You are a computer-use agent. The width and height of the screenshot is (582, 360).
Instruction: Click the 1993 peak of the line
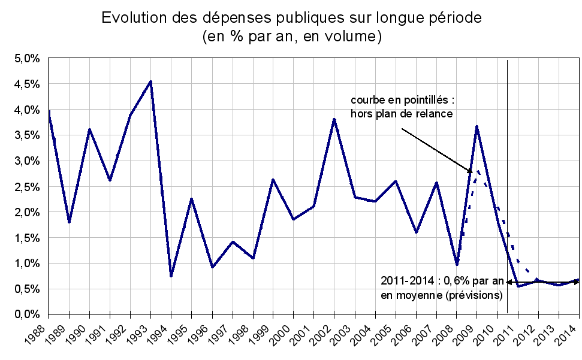pyautogui.click(x=150, y=81)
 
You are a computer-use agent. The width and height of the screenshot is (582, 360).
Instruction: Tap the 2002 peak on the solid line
pyautogui.click(x=334, y=119)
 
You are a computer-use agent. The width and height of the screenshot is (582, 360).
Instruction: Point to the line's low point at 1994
pyautogui.click(x=171, y=276)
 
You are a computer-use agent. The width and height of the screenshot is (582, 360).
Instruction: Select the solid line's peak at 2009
pyautogui.click(x=477, y=126)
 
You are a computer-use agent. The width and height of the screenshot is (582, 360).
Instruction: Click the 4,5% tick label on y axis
pyautogui.click(x=26, y=84)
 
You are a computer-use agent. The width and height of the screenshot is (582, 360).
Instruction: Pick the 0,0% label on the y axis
pyautogui.click(x=26, y=314)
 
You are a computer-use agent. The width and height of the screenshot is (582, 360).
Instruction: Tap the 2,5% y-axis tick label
pyautogui.click(x=26, y=187)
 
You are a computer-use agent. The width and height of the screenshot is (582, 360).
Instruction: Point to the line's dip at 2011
pyautogui.click(x=517, y=286)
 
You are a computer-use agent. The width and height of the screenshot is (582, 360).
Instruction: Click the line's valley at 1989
pyautogui.click(x=69, y=222)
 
